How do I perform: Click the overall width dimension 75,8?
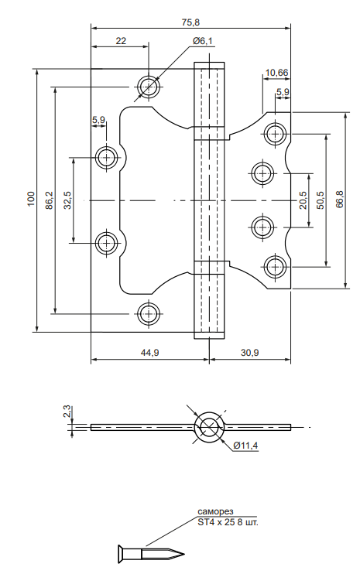[190, 22]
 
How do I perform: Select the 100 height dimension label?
[31, 199]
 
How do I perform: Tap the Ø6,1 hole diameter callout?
[203, 41]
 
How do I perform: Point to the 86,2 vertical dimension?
[50, 200]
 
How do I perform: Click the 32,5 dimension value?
[68, 200]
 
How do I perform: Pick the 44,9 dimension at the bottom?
[149, 353]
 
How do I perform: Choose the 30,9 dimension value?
[250, 353]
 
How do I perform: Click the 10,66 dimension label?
[276, 73]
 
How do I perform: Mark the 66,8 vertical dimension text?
[340, 200]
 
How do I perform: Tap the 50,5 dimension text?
[321, 200]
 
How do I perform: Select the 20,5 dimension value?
[303, 200]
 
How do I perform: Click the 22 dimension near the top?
[121, 41]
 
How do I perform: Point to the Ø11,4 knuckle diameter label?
[245, 446]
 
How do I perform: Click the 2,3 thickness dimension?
[67, 412]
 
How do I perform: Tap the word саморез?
[215, 511]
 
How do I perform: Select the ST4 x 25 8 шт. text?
[228, 522]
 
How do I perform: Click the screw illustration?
[151, 553]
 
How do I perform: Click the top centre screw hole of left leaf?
[149, 87]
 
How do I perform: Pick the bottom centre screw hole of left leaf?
[149, 314]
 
